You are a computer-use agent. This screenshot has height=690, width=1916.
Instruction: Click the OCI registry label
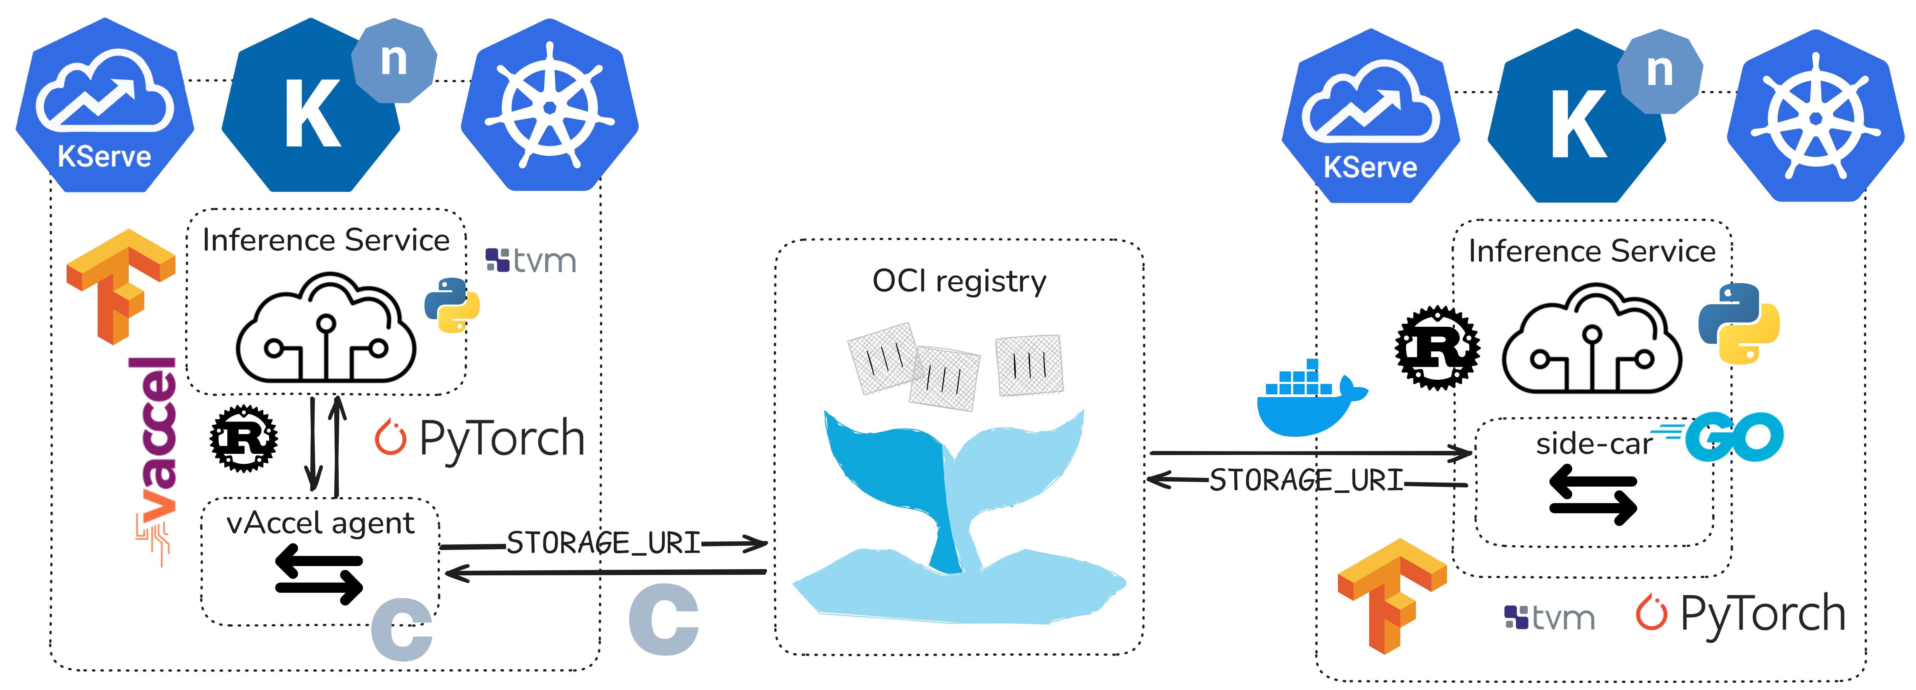tap(959, 282)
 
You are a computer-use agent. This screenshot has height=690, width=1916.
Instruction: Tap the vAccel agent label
tap(320, 523)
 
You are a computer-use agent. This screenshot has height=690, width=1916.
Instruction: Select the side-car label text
tap(1593, 444)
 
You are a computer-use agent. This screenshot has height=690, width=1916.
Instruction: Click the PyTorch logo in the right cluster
tap(1740, 614)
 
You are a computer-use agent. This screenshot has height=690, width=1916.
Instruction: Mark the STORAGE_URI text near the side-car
tap(1306, 480)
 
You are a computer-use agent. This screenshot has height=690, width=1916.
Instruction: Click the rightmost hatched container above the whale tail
tap(1029, 365)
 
